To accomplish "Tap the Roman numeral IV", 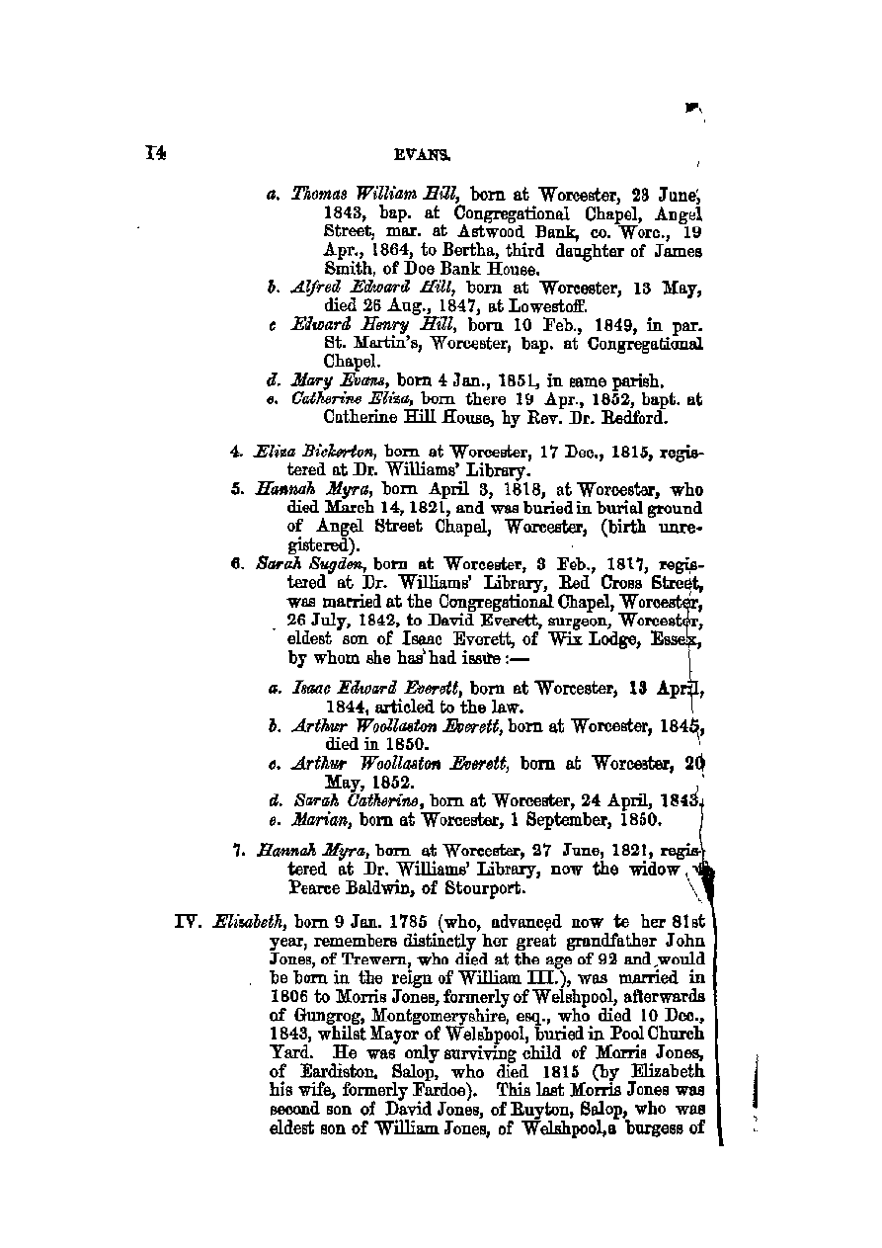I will coord(188,922).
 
